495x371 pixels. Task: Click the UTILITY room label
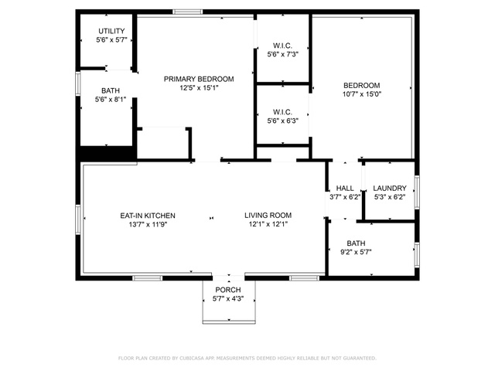pos(111,31)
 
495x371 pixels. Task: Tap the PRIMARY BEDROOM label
pos(199,79)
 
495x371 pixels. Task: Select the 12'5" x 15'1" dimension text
pos(200,87)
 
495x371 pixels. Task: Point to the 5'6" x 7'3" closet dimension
pos(283,54)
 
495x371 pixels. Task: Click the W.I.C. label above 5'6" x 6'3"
pos(282,112)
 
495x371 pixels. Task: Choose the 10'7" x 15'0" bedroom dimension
pos(362,94)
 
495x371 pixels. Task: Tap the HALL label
pos(345,189)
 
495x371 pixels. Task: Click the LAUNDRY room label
pos(390,189)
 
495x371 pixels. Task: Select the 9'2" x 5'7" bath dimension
pos(356,252)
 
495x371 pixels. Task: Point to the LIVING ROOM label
pos(268,216)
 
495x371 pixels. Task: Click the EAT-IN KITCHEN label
pos(148,216)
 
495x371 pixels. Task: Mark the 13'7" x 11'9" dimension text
pos(148,225)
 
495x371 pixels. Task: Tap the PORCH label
pos(228,290)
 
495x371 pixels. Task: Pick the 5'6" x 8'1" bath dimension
pos(111,100)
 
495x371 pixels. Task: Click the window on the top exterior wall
pos(187,12)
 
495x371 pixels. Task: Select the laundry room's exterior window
pos(417,192)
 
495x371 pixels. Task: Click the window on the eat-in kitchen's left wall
pos(78,220)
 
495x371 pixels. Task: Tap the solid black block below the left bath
pos(106,154)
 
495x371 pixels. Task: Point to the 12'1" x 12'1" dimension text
pos(268,224)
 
